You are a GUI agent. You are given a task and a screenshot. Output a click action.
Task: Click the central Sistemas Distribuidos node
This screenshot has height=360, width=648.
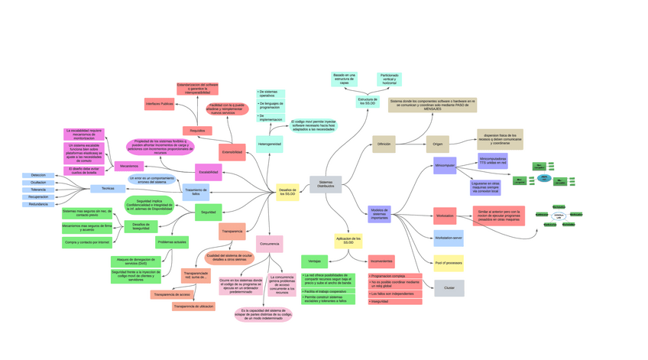[326, 184]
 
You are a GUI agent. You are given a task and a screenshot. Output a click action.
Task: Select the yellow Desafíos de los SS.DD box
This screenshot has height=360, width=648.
[287, 193]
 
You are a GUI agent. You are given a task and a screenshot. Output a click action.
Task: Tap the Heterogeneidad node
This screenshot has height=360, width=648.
[269, 144]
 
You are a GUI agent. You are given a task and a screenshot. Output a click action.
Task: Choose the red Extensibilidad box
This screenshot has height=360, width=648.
[232, 152]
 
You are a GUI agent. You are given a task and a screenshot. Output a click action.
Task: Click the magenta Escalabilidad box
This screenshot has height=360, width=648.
[208, 172]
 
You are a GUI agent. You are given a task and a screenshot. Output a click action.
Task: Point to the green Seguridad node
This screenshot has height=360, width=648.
[208, 212]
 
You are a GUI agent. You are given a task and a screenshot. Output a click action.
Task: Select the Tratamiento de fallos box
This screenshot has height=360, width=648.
[196, 192]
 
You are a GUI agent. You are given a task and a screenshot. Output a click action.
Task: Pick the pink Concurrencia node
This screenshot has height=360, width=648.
[269, 245]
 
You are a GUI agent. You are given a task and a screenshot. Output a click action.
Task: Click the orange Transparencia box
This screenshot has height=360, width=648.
[232, 231]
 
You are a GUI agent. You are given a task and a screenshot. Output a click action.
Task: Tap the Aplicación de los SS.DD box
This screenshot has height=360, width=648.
[348, 241]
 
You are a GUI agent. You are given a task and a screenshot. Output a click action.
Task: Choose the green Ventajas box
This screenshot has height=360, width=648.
[314, 261]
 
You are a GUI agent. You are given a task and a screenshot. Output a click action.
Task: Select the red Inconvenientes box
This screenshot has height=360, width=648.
[381, 261]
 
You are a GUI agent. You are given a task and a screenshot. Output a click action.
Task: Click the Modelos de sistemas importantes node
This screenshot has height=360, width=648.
[379, 214]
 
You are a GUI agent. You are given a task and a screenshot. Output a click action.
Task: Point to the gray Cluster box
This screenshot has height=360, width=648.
[449, 288]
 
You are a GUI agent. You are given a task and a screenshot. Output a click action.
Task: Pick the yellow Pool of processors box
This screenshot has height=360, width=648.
[449, 263]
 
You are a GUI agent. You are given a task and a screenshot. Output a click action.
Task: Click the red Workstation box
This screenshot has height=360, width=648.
[445, 216]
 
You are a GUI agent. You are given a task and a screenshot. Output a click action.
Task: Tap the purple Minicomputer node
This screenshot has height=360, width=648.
[445, 165]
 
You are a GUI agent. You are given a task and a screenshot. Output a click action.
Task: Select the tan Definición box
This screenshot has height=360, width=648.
[384, 144]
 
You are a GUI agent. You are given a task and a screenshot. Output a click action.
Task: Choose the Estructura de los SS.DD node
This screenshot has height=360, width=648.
[368, 101]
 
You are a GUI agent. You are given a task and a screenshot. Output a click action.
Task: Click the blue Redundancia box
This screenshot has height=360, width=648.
[38, 204]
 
